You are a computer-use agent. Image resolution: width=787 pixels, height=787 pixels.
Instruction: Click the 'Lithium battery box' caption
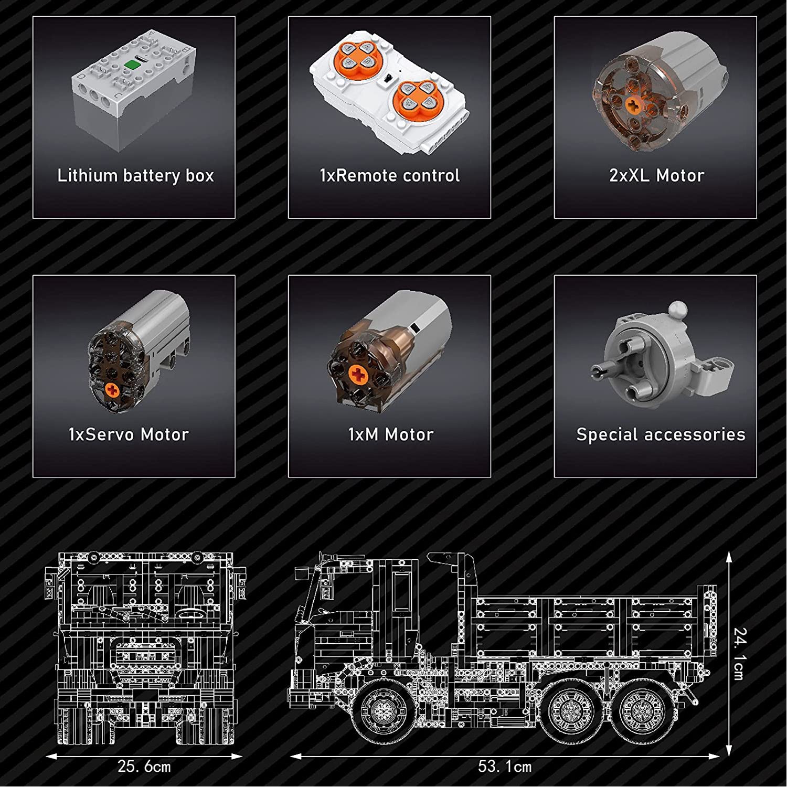click(x=135, y=176)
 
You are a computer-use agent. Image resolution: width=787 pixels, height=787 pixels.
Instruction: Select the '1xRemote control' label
click(x=390, y=175)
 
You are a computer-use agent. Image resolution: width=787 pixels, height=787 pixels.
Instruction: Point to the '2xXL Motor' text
click(x=656, y=175)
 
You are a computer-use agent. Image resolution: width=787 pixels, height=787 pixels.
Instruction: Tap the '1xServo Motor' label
click(x=129, y=434)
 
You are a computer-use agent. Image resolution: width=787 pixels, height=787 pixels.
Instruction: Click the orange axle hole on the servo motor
click(x=112, y=389)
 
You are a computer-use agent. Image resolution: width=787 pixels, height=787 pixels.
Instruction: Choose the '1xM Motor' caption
click(x=391, y=434)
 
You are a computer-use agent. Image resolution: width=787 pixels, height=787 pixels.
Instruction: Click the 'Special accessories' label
click(x=661, y=434)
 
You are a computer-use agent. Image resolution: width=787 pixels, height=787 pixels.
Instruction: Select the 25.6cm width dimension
click(x=144, y=767)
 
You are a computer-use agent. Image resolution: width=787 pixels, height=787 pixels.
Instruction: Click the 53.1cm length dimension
click(x=505, y=767)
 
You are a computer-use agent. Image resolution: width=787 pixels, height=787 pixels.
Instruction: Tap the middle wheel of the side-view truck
click(x=570, y=711)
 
